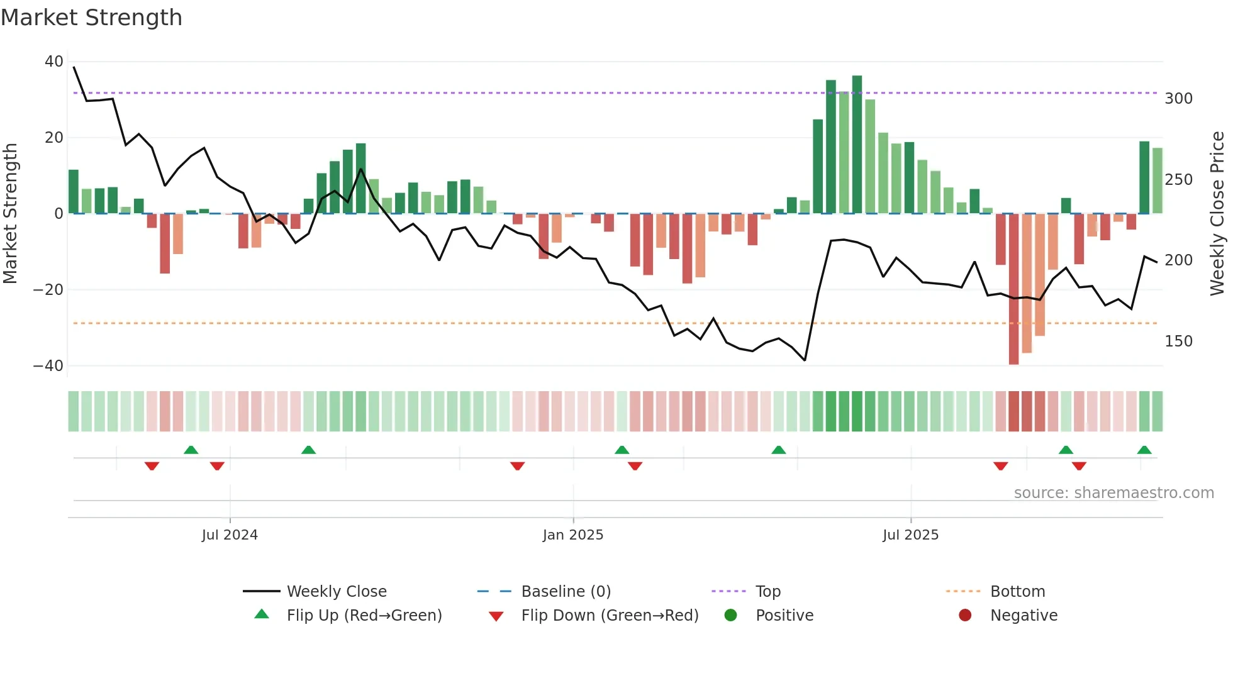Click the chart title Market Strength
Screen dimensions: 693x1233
91,18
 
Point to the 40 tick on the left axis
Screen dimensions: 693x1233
54,62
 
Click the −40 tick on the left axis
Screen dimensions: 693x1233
48,365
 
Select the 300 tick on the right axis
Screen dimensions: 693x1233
1178,99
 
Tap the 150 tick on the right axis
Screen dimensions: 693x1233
1178,341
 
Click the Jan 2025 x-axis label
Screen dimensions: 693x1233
572,535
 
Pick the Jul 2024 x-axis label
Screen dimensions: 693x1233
230,535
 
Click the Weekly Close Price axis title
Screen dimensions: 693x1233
1217,214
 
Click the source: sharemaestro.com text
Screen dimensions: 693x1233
1113,493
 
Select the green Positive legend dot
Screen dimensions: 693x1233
730,615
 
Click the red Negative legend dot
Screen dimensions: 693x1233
965,615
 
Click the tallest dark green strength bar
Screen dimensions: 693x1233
857,145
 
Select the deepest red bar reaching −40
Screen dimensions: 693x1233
1013,289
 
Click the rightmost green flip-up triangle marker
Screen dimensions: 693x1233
1144,450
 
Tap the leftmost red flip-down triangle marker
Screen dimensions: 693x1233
152,466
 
